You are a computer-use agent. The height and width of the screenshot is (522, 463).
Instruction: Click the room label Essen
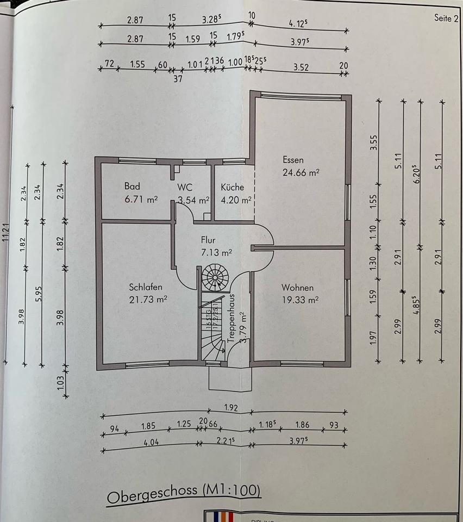coord(293,160)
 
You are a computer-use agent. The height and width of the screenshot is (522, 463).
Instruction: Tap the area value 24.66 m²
coord(301,173)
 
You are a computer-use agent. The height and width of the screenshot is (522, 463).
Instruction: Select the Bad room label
coord(132,186)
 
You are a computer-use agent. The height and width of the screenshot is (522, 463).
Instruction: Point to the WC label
coord(185,187)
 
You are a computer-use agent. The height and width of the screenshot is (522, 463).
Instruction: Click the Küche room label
coord(232,187)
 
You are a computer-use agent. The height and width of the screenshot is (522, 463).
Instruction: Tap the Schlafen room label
coord(146,287)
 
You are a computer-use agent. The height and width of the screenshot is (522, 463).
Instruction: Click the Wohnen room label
coord(297,287)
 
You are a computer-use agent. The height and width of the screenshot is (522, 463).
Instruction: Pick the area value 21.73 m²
coord(148,299)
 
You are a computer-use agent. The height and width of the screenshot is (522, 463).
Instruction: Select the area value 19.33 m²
coord(300,299)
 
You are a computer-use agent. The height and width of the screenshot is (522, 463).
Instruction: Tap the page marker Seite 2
coord(446,17)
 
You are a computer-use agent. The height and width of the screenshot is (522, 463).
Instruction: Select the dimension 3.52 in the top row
coord(301,67)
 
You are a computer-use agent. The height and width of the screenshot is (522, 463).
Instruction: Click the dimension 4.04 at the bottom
coord(151,443)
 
